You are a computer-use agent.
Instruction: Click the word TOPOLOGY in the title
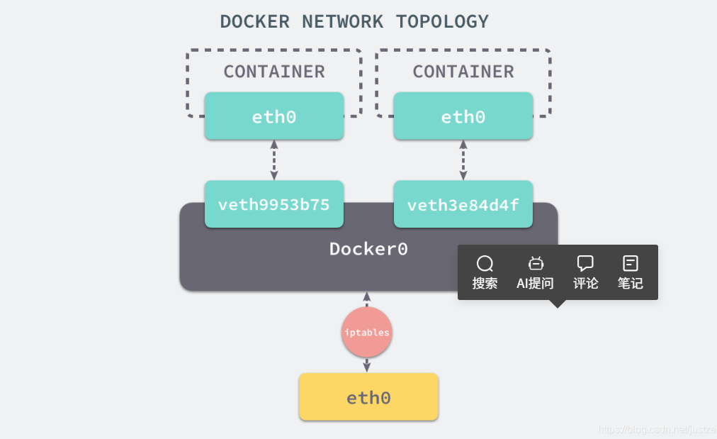442,21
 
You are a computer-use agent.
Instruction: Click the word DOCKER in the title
254,21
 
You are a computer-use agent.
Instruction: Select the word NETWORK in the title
342,21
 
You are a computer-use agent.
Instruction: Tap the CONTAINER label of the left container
274,72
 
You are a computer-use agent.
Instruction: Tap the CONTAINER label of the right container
463,72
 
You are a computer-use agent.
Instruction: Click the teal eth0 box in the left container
274,116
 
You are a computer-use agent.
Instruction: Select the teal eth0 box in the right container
463,116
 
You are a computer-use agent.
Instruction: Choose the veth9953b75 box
274,204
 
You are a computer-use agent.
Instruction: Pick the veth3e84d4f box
463,204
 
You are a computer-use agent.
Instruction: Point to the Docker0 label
368,249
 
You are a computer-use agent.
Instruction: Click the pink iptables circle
367,333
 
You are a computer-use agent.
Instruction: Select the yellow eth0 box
368,397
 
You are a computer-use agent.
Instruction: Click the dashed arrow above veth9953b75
274,160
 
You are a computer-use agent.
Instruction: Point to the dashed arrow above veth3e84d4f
463,160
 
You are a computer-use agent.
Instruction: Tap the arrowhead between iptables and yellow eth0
367,366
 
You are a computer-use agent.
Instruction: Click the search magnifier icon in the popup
485,264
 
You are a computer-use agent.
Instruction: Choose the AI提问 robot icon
536,263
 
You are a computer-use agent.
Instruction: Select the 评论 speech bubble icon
585,263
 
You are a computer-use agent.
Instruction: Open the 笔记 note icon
630,263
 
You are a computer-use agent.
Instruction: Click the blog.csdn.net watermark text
657,429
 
